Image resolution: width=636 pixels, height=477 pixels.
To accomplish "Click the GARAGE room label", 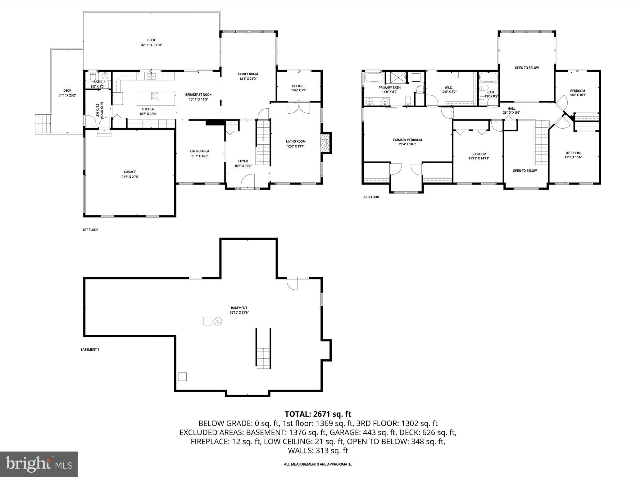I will click(x=130, y=172).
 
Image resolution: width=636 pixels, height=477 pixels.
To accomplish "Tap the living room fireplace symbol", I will click(x=325, y=143).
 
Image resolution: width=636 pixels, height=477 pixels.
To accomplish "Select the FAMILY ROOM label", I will click(x=248, y=74).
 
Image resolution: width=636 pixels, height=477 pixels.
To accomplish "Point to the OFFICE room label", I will click(x=297, y=86).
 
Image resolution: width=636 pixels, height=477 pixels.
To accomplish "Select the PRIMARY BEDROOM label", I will click(x=407, y=140).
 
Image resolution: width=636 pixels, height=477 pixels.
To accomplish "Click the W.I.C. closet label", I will click(x=449, y=88).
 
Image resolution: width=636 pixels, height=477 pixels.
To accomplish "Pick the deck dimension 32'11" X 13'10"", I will click(x=151, y=45).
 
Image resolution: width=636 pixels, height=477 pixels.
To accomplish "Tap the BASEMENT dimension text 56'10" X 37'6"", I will click(x=239, y=313).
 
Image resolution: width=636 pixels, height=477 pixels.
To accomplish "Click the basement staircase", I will click(x=263, y=357).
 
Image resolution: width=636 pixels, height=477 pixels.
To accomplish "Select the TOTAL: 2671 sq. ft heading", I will click(x=318, y=414).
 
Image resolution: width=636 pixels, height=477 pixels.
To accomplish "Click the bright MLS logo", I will click(x=39, y=464).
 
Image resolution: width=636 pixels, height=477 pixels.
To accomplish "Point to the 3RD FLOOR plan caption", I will click(x=370, y=197).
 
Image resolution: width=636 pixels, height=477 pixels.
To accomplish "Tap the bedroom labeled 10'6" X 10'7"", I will click(x=577, y=93).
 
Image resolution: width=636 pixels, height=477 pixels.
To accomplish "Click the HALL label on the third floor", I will click(x=511, y=109).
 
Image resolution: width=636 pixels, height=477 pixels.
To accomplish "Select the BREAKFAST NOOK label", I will click(x=198, y=95).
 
